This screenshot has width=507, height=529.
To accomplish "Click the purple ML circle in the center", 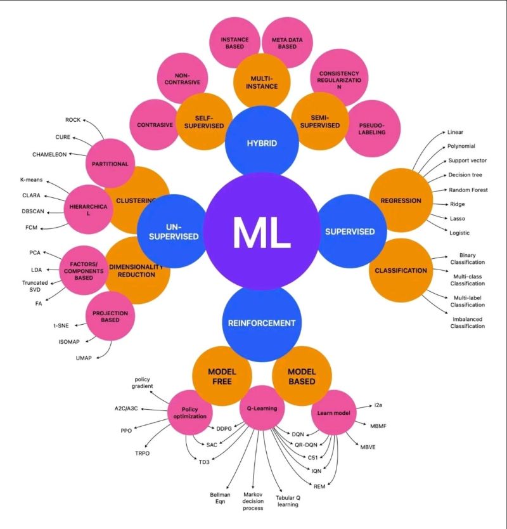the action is (262, 232).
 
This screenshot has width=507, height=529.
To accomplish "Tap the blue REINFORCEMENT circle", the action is (262, 323).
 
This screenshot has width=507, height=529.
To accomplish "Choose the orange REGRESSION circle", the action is (401, 200).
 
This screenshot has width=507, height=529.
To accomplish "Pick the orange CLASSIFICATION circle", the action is (401, 270).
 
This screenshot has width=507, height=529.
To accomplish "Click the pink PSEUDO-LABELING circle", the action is (372, 129).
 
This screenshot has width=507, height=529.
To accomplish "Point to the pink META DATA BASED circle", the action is (287, 43).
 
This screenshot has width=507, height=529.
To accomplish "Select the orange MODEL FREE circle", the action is (222, 376).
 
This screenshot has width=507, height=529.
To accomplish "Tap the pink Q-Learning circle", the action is (262, 408).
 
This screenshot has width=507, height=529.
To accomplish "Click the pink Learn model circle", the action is (334, 412).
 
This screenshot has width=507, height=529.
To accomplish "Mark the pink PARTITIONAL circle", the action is (110, 164).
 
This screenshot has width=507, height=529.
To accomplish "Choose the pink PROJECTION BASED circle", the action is (110, 316).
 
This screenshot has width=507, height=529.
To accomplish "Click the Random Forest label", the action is (468, 190).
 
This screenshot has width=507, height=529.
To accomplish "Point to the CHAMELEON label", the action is (49, 155).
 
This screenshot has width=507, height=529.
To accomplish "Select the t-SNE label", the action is (61, 325).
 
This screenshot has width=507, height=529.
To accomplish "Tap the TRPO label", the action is (142, 453).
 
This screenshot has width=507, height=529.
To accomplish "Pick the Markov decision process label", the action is (253, 501).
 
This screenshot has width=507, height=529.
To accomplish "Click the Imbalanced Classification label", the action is (468, 322).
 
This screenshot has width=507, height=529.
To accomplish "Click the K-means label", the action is (31, 180).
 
